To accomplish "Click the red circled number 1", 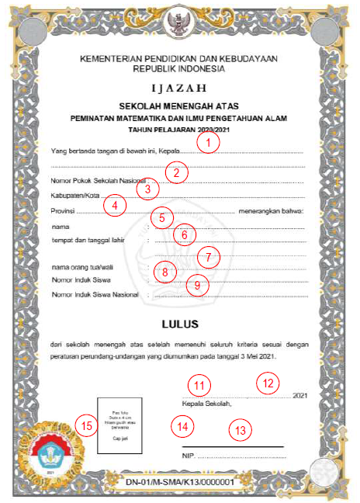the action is click(x=208, y=143).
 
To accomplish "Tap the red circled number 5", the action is click(x=161, y=218).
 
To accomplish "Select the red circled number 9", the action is click(x=198, y=285).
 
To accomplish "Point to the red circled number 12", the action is click(x=268, y=382).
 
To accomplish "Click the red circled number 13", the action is click(x=242, y=429).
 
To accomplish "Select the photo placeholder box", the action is click(x=116, y=425).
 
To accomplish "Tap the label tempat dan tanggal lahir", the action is click(x=88, y=241).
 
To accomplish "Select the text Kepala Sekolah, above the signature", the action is click(x=206, y=404).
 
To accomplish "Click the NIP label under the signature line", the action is click(x=189, y=457).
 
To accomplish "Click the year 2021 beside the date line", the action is click(x=302, y=396).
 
